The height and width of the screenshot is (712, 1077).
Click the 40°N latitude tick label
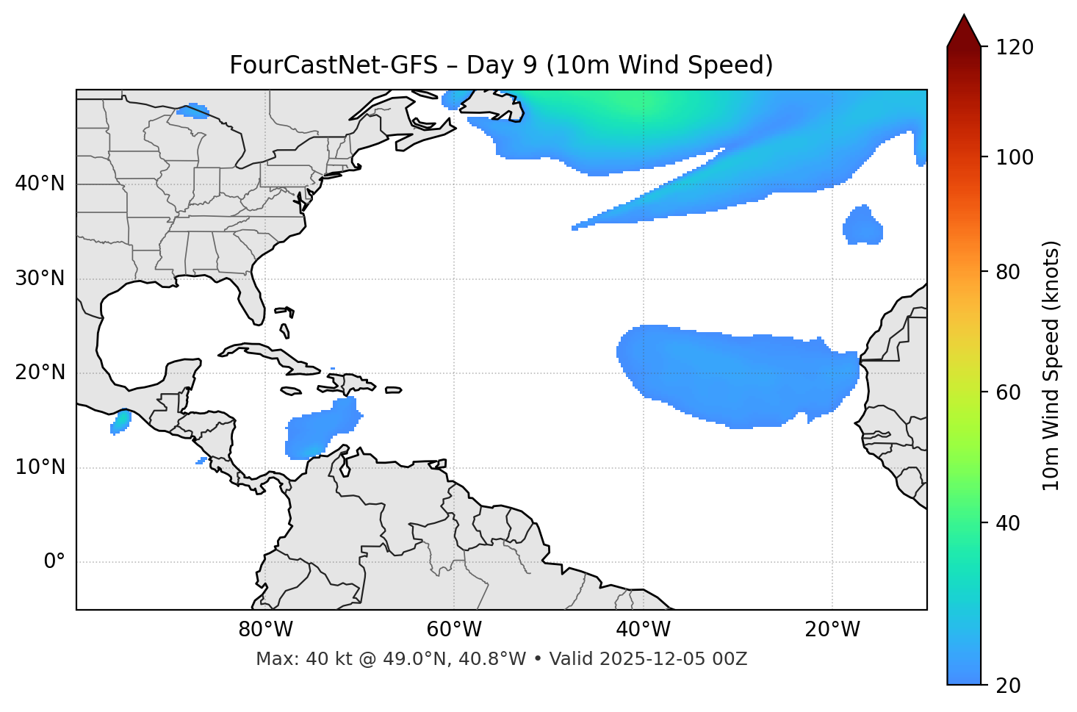[40, 184]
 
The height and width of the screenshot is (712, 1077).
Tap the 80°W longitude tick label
[265, 630]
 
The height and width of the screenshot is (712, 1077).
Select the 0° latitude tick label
[54, 562]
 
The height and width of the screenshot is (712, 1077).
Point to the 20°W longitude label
[832, 630]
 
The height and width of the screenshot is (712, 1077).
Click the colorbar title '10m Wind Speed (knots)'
[1051, 365]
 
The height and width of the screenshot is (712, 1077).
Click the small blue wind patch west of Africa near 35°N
[862, 226]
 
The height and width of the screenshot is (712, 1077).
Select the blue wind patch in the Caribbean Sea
[320, 430]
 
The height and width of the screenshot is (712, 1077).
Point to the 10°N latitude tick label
[40, 467]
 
